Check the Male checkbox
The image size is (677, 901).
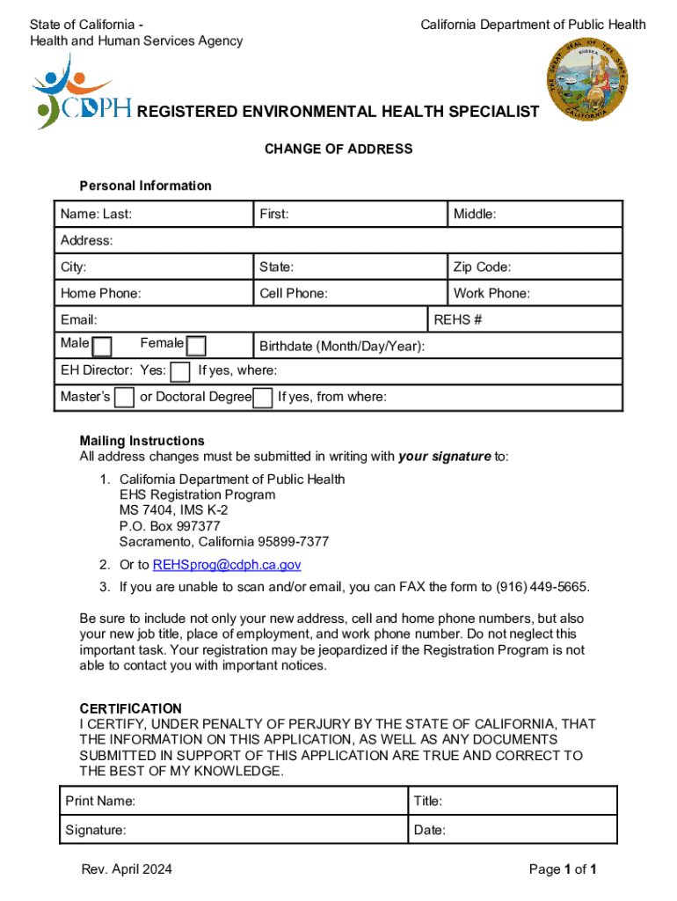pyautogui.click(x=102, y=346)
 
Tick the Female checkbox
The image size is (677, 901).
pyautogui.click(x=197, y=346)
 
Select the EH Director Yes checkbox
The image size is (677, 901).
pyautogui.click(x=179, y=371)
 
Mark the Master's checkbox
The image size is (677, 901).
pyautogui.click(x=125, y=398)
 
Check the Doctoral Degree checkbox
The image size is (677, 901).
pyautogui.click(x=262, y=398)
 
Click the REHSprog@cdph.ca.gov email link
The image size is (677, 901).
pyautogui.click(x=227, y=565)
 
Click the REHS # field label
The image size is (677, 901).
pyautogui.click(x=458, y=319)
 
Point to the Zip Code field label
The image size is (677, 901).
pyautogui.click(x=482, y=267)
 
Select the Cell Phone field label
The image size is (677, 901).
pyautogui.click(x=294, y=293)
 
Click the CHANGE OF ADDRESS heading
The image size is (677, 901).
pyautogui.click(x=338, y=149)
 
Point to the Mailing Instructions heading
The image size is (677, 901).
pyautogui.click(x=142, y=440)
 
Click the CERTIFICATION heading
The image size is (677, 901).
pyautogui.click(x=131, y=708)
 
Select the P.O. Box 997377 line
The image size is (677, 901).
pyautogui.click(x=170, y=526)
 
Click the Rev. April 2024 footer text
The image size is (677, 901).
pyautogui.click(x=127, y=869)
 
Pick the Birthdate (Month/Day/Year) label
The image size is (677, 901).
pyautogui.click(x=342, y=346)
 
